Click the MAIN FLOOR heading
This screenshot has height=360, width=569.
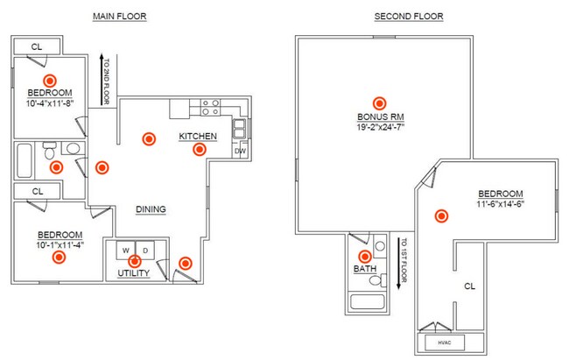119,17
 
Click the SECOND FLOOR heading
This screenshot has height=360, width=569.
408,17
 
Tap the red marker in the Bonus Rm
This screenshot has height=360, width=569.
379,102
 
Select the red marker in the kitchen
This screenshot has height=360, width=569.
200,149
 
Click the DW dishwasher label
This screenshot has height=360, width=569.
239,151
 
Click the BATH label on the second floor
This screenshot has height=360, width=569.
364,269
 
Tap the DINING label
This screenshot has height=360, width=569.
151,209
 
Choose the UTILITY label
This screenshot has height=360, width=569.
134,274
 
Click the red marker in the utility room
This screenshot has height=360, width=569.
134,260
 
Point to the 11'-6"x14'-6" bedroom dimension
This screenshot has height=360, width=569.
500,205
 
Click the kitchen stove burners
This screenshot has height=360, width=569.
211,108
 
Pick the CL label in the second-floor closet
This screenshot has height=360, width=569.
468,286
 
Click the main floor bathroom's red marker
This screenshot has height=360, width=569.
56,166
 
